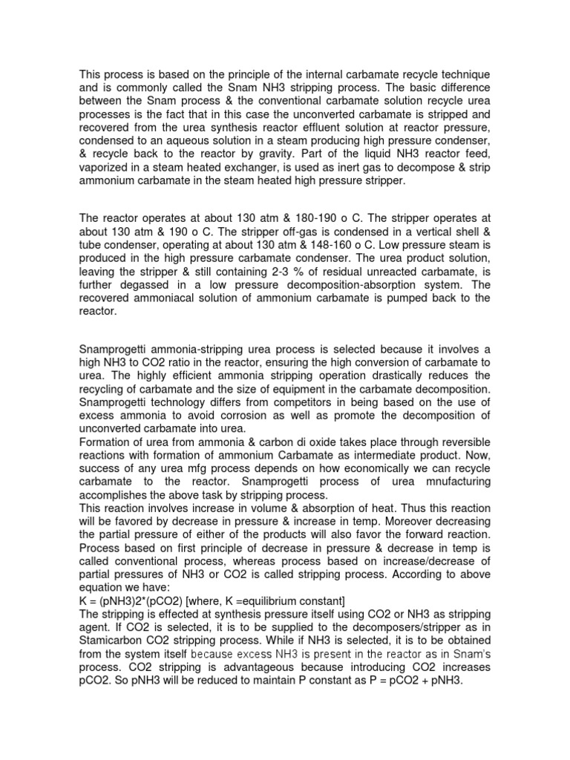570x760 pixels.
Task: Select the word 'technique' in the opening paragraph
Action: [x=465, y=77]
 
